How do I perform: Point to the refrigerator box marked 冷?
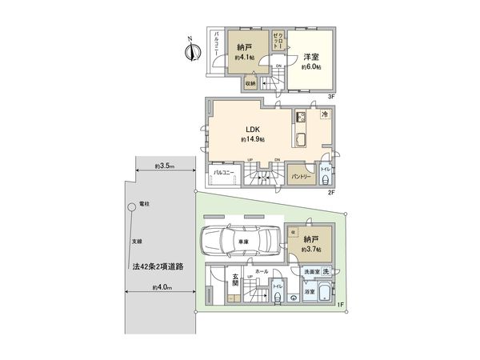coord(325,115)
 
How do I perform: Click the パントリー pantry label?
coord(301,174)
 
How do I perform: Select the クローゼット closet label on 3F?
coord(276,41)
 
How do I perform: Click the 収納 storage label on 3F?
coord(250,83)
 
